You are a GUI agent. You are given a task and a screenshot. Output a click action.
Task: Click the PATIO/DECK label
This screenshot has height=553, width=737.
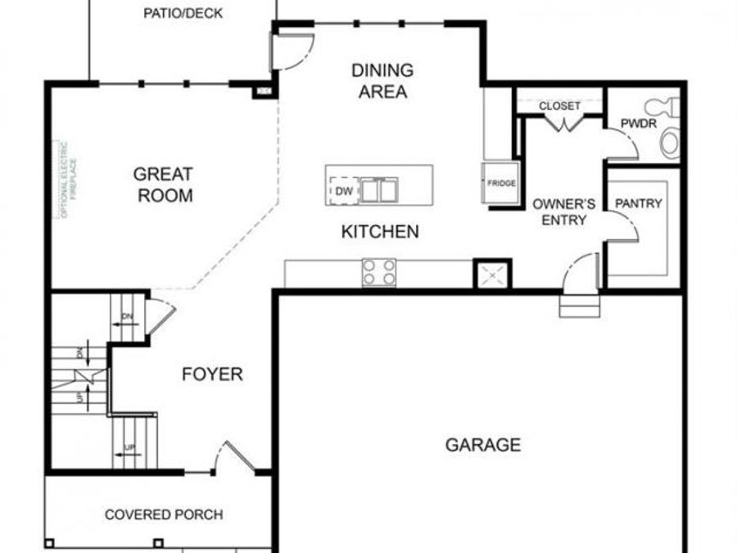point(183,14)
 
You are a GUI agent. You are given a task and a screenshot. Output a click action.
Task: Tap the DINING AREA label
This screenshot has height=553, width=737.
point(382,81)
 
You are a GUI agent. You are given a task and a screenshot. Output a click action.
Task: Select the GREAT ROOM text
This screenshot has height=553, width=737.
point(164,184)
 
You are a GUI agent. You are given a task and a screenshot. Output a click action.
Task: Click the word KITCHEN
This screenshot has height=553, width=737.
point(379,232)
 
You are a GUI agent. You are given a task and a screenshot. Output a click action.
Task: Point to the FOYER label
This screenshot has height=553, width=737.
point(212,374)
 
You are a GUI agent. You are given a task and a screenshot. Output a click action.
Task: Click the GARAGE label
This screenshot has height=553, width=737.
point(482,445)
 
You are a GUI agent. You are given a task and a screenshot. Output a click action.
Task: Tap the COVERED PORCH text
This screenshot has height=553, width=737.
point(164,514)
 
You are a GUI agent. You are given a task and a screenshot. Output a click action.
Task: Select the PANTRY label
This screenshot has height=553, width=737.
point(638,203)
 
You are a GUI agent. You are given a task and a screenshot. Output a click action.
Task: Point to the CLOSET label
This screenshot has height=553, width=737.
point(559,107)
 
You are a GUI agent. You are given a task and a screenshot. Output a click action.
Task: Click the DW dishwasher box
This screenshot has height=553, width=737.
point(343,191)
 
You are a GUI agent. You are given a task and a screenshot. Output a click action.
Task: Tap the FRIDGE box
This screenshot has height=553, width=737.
point(501,184)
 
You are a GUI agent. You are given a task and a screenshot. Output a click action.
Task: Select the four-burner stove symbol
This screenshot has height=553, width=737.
point(379,272)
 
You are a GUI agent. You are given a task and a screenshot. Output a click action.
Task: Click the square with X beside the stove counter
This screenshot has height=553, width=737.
point(492,274)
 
